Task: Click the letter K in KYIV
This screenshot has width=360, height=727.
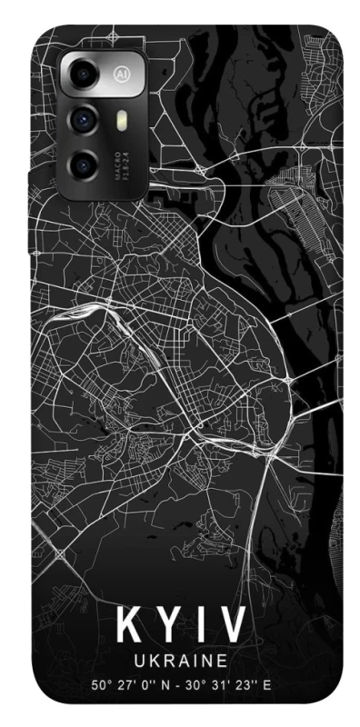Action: click(128, 624)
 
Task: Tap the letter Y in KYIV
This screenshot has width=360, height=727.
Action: click(169, 624)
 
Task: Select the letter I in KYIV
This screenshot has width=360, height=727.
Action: click(202, 624)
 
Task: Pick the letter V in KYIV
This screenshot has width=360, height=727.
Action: click(233, 624)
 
